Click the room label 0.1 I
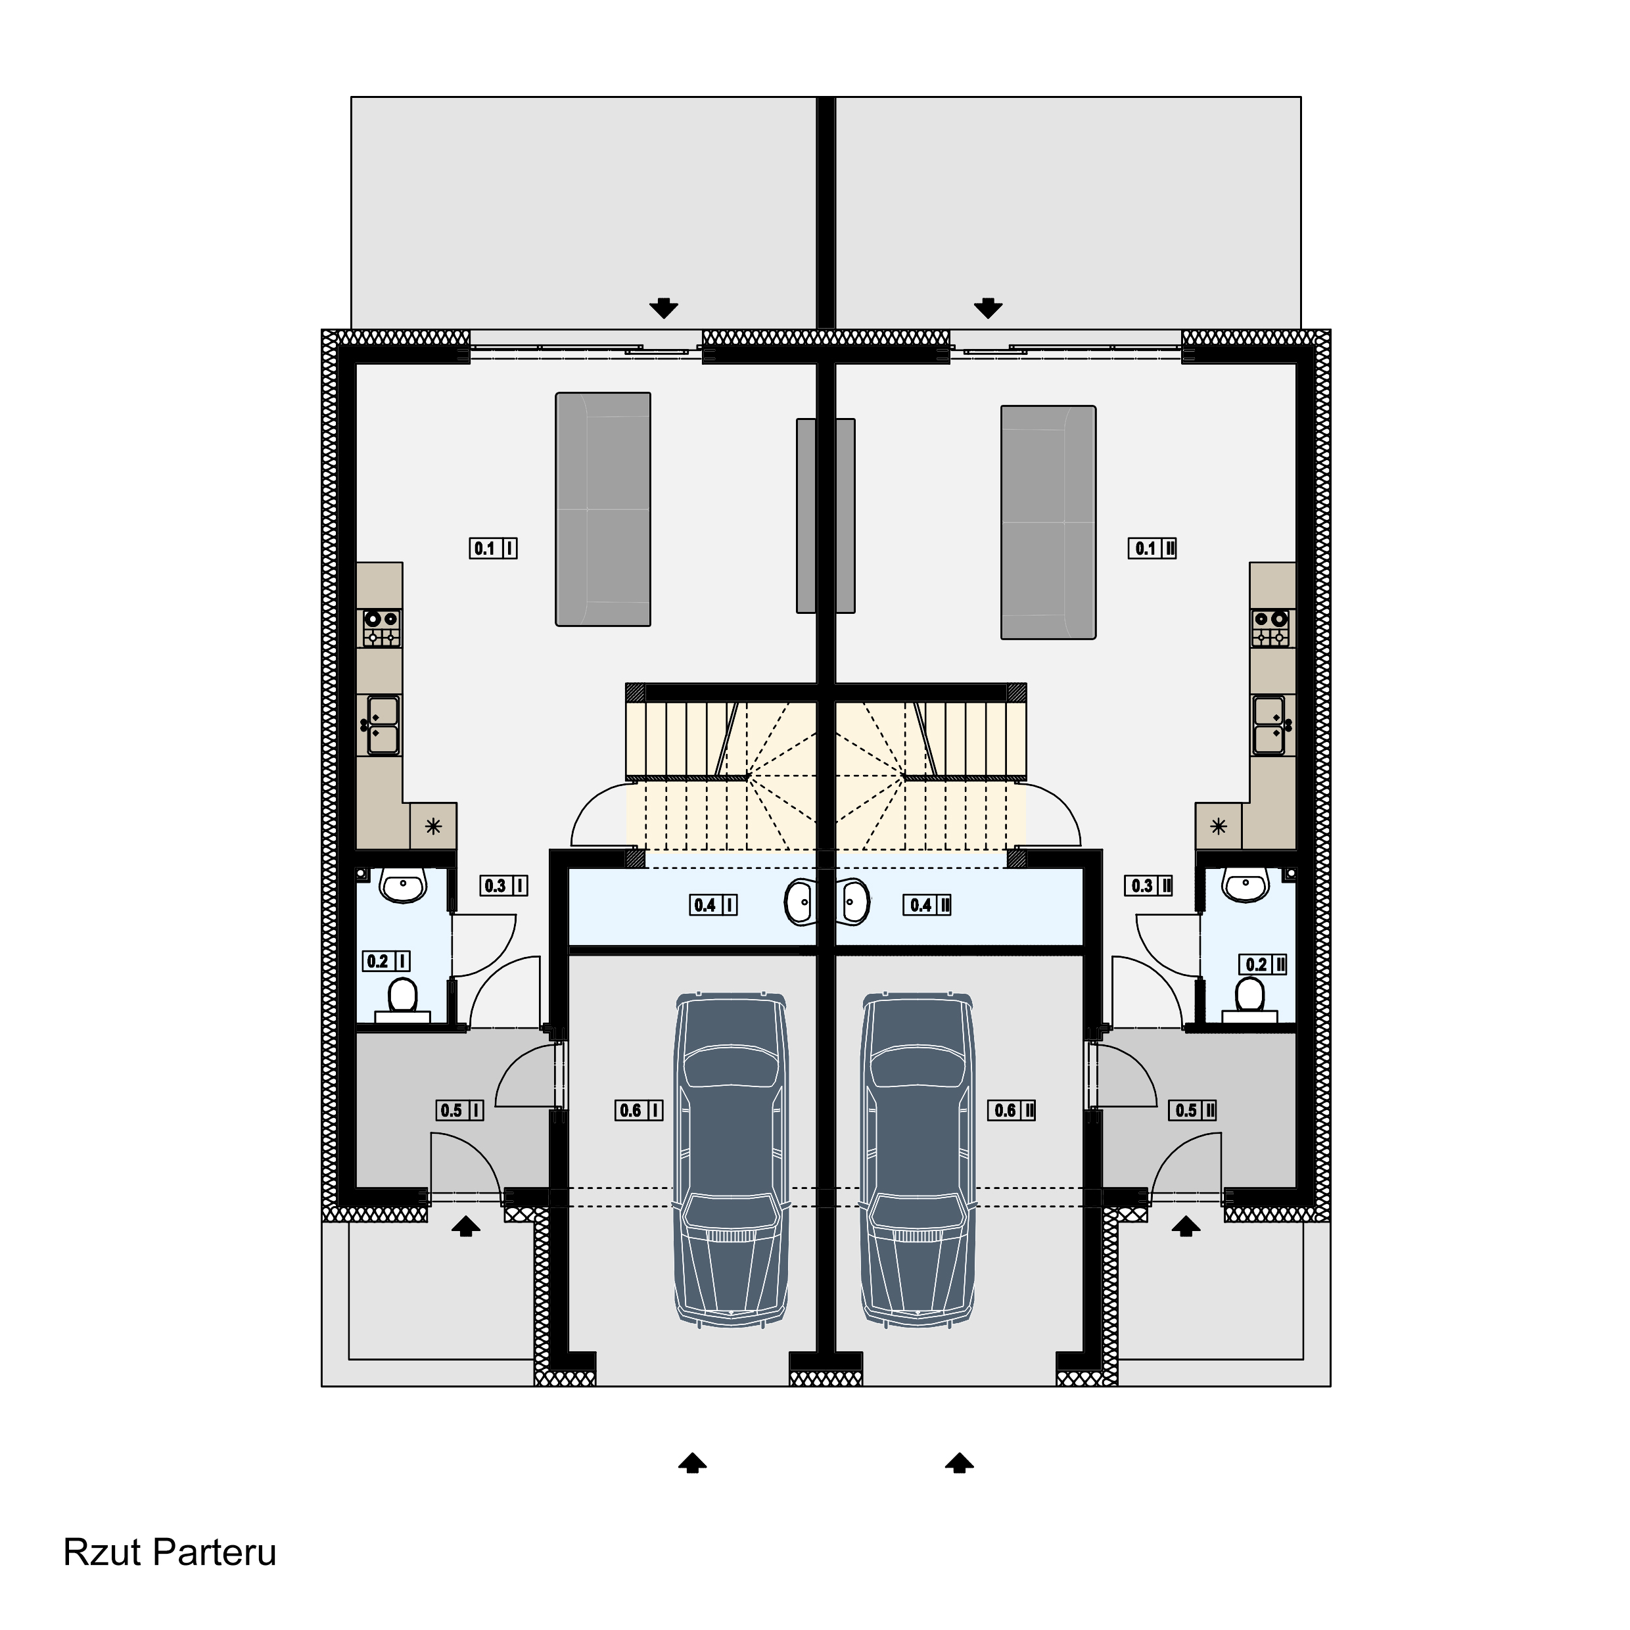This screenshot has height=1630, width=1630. click(x=493, y=548)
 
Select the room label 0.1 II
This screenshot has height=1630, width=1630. click(x=1152, y=548)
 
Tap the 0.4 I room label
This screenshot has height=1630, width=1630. click(x=713, y=905)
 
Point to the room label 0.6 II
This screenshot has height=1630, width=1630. click(x=1012, y=1110)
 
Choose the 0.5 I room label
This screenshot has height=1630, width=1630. click(x=460, y=1110)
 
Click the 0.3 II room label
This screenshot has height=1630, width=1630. click(x=1148, y=886)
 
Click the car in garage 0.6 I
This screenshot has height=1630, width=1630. click(x=731, y=1160)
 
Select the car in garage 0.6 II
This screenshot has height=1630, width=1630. click(x=917, y=1160)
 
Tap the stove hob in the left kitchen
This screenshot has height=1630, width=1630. click(x=381, y=628)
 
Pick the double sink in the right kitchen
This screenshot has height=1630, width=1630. click(x=1271, y=725)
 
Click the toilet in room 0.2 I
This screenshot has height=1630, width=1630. click(x=402, y=1000)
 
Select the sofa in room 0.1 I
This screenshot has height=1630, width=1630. click(x=603, y=509)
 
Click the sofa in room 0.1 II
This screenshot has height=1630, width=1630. click(x=1049, y=523)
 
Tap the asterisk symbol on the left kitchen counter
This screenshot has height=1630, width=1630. click(x=433, y=826)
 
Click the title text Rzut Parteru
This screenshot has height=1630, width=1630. click(x=170, y=1552)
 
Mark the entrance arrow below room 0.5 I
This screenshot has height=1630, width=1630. click(x=466, y=1226)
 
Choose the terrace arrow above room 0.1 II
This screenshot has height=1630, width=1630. click(x=988, y=308)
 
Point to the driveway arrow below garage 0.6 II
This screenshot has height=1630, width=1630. click(x=960, y=1463)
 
